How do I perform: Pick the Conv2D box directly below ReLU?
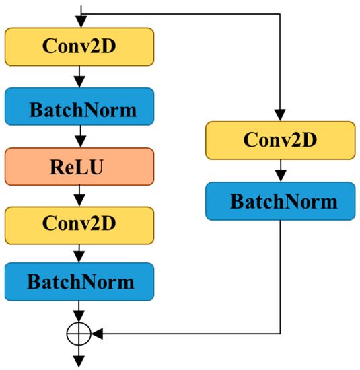tap(80, 221)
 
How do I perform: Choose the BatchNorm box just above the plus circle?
tap(80, 281)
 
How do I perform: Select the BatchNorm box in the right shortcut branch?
tap(280, 200)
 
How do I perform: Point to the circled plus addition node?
tap(80, 332)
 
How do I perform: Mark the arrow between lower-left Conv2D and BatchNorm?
tap(80, 251)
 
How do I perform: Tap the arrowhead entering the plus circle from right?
tap(94, 332)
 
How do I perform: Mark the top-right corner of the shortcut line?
tap(280, 13)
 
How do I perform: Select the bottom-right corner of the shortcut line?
tap(280, 332)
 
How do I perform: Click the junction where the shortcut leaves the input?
tap(80, 13)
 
